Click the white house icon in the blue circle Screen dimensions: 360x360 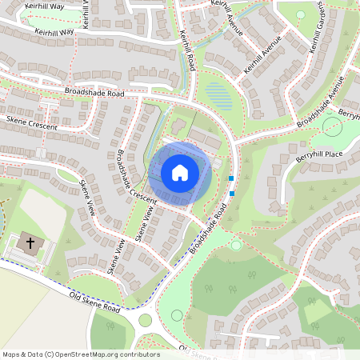(x=180, y=172)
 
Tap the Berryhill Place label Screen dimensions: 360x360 (x=319, y=154)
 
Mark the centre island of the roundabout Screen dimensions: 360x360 (x=144, y=320)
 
